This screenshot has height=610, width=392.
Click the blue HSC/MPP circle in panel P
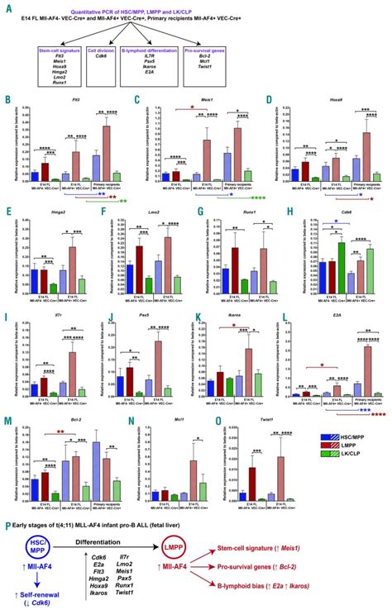pos(27,548)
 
